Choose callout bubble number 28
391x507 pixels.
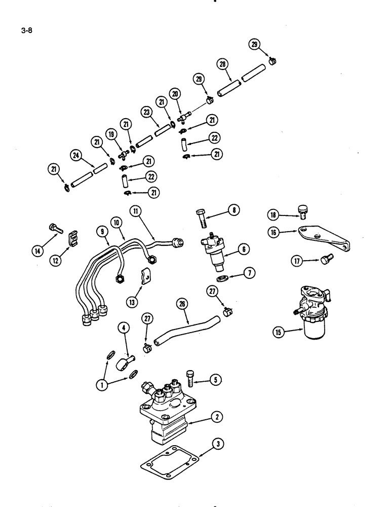click(x=223, y=65)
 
